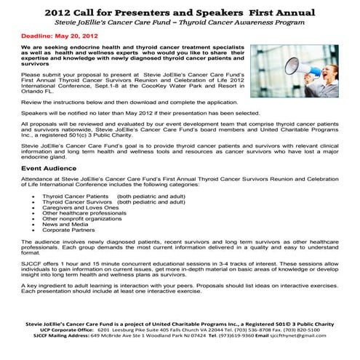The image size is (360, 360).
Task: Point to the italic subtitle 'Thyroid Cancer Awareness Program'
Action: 248,23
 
